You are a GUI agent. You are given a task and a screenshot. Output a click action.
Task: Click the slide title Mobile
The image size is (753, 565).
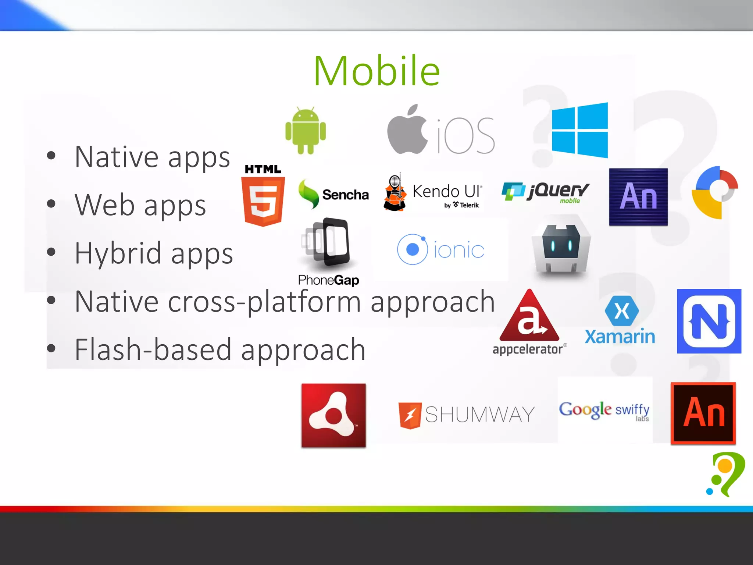376,71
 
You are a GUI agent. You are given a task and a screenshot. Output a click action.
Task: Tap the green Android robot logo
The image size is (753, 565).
306,131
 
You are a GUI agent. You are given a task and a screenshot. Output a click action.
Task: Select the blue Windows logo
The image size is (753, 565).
580,130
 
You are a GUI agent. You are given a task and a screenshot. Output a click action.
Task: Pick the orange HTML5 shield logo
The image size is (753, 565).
263,200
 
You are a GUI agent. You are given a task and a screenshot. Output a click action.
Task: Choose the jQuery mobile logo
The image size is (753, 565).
546,192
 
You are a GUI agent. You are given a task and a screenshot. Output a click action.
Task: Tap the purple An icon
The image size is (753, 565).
638,197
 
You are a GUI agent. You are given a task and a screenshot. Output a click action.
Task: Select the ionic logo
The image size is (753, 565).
440,250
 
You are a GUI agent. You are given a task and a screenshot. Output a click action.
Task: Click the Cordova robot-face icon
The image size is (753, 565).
561,248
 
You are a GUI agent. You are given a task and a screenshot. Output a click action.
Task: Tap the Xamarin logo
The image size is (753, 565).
620,320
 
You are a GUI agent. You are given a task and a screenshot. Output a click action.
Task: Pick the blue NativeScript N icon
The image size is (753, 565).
709,321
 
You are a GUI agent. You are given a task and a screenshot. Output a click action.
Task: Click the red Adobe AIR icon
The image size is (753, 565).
333,415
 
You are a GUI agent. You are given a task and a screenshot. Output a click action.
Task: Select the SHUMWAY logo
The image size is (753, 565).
466,415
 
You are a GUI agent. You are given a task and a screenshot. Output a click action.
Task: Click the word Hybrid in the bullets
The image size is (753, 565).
118,253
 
